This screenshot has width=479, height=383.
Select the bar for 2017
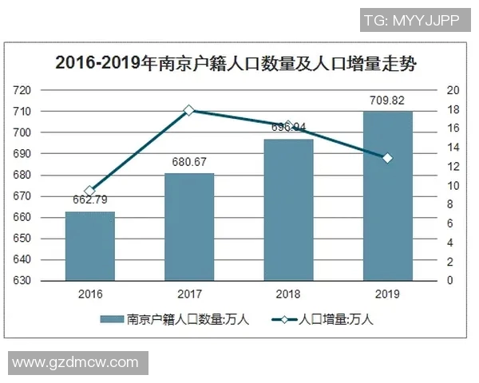coord(189,227)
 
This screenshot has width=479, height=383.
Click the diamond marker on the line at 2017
coord(189,110)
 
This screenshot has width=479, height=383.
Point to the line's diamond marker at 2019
coord(387,158)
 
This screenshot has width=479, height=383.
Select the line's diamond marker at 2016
coord(90,191)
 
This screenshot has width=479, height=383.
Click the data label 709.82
coord(387,101)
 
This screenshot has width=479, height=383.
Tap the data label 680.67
coord(189,163)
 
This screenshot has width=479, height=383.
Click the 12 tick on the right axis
coord(451,167)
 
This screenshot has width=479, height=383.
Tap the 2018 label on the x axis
coord(288,294)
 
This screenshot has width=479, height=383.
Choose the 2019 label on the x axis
coord(387,294)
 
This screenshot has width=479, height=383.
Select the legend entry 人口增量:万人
coord(323,320)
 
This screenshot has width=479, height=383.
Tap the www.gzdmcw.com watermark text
coord(76,362)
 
